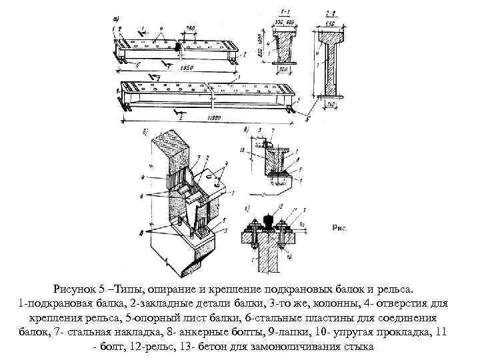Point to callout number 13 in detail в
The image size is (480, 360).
point(241,150)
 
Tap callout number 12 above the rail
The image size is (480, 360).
point(282,206)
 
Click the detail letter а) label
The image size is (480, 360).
point(117,20)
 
